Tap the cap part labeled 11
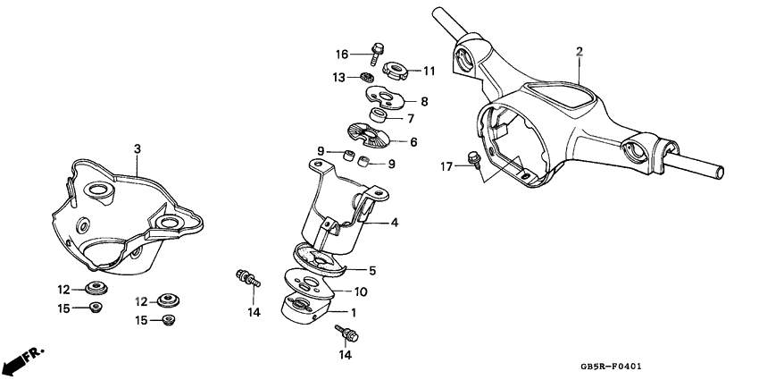[x=395, y=68]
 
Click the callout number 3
[x=137, y=148]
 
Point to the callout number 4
[x=394, y=223]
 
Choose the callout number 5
[x=372, y=270]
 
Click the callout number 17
[x=446, y=165]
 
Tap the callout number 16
[x=342, y=54]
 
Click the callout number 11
[x=429, y=70]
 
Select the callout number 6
[x=413, y=142]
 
